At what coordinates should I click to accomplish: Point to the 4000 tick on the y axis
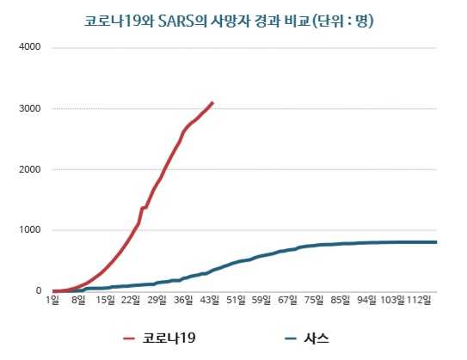point(30,47)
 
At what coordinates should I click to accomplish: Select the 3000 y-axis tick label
point(30,108)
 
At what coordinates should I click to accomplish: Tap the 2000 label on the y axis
point(30,169)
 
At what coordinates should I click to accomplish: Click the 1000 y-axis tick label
point(30,230)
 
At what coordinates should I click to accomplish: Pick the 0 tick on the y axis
point(38,291)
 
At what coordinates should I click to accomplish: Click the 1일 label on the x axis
point(54,301)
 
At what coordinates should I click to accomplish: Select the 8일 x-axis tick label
point(78,301)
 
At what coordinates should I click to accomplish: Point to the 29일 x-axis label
point(157,301)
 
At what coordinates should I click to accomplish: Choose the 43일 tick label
point(209,301)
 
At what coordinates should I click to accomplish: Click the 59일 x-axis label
point(261,301)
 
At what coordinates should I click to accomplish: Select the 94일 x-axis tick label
point(367,301)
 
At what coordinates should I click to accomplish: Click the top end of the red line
point(213,102)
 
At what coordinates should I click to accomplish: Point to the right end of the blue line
point(436,242)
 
